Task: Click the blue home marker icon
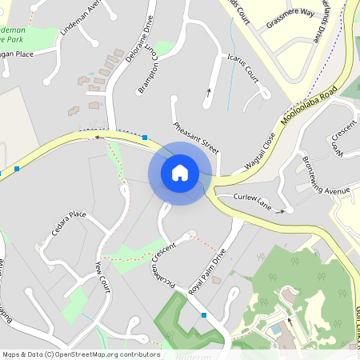click(x=180, y=173)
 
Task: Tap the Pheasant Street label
click(x=196, y=137)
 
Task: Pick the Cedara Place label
click(x=69, y=224)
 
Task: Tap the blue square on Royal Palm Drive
click(x=204, y=315)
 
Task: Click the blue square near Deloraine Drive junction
click(x=145, y=138)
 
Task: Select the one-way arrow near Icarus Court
click(x=210, y=91)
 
